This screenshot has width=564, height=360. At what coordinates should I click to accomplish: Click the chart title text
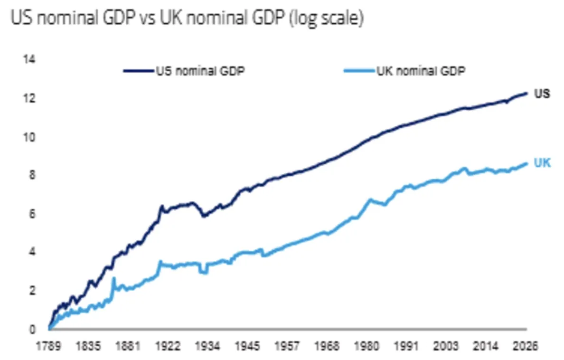[187, 18]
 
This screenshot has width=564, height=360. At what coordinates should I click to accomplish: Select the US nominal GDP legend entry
[184, 71]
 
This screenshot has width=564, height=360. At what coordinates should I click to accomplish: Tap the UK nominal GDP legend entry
[404, 71]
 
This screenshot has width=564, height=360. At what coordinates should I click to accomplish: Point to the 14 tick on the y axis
[29, 59]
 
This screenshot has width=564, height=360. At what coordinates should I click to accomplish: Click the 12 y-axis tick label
[29, 98]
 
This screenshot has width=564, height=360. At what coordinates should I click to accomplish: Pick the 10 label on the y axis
[29, 137]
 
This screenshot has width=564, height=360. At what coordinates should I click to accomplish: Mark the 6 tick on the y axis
[32, 214]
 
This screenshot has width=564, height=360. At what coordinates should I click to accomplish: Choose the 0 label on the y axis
[32, 329]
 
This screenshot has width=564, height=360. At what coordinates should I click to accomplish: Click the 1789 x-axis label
[48, 346]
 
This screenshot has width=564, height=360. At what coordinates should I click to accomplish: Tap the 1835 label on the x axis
[88, 346]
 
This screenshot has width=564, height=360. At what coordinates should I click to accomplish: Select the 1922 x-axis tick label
[168, 346]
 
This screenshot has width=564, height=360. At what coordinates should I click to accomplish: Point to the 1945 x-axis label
[247, 346]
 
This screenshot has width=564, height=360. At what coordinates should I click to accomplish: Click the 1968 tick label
[327, 346]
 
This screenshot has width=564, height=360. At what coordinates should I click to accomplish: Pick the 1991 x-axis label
[406, 346]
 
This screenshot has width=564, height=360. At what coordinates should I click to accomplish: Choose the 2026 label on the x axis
[526, 346]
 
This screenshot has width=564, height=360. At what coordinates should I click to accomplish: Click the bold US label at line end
[542, 94]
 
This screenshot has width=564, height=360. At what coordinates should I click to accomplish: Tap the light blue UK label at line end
[542, 163]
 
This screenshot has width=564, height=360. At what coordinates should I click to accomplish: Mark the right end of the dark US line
[526, 94]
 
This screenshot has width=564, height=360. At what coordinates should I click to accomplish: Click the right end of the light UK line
[526, 163]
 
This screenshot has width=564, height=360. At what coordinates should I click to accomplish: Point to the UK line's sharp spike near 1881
[114, 277]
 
